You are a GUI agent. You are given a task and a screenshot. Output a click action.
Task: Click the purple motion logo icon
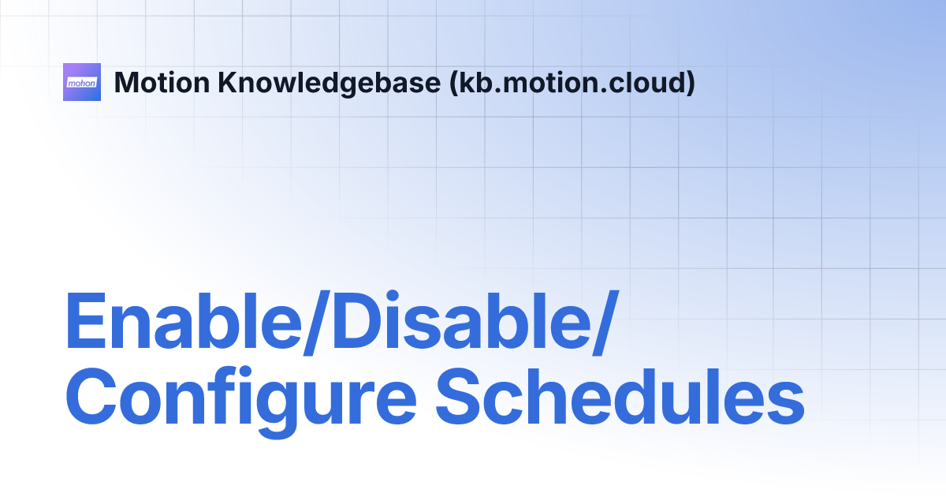(82, 82)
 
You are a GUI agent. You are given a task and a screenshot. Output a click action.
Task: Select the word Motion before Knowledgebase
(161, 82)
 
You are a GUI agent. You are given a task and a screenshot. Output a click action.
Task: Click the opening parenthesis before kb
(453, 83)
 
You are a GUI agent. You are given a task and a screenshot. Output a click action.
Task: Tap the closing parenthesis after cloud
(691, 83)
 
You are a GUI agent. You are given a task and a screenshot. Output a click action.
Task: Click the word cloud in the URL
(656, 82)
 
